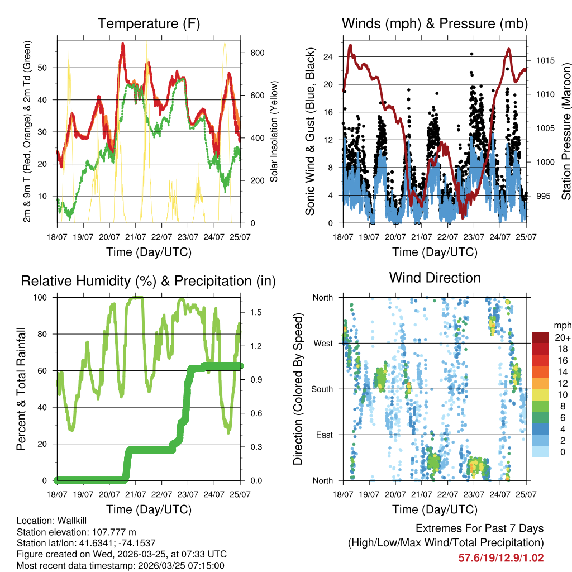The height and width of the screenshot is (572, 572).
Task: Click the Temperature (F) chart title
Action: click(149, 23)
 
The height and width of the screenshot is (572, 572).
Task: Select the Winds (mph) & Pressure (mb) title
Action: click(435, 23)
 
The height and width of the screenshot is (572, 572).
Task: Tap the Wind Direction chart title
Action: click(435, 277)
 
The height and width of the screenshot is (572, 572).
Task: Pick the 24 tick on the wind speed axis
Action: click(328, 56)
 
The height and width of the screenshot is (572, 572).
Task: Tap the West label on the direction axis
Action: click(322, 343)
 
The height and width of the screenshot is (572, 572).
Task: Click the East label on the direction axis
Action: click(323, 435)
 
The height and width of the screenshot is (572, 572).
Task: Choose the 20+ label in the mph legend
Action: click(561, 338)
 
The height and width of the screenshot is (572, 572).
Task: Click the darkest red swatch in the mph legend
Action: click(542, 337)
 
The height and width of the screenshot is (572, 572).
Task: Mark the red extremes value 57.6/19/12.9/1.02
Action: click(501, 557)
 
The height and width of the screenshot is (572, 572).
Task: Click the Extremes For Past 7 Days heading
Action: click(479, 528)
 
